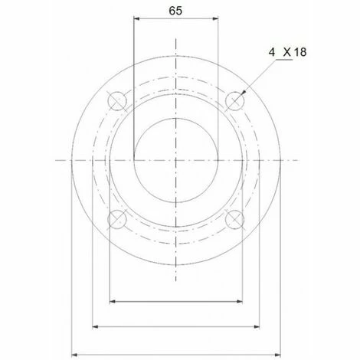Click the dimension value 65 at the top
click(175, 11)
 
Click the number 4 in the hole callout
click(272, 52)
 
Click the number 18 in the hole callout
click(300, 52)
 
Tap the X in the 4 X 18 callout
click(287, 52)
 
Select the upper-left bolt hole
click(117, 101)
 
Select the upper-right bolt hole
click(235, 101)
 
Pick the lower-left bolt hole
click(117, 219)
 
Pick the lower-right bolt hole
click(235, 219)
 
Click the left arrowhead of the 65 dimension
click(136, 18)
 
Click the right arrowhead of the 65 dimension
click(215, 18)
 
